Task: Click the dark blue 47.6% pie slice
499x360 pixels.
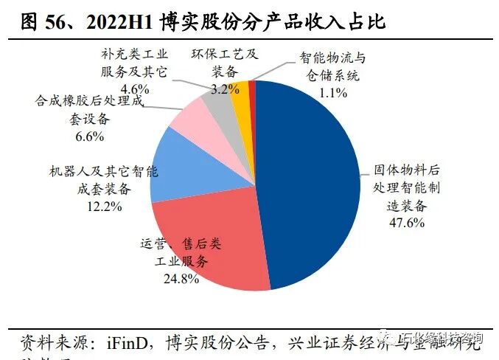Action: pyautogui.click(x=310, y=184)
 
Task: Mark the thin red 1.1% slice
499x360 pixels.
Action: pyautogui.click(x=252, y=89)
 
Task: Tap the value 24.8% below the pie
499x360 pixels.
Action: pyautogui.click(x=181, y=278)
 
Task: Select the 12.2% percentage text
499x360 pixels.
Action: pyautogui.click(x=103, y=206)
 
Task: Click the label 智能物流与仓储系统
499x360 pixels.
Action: pyautogui.click(x=332, y=66)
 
